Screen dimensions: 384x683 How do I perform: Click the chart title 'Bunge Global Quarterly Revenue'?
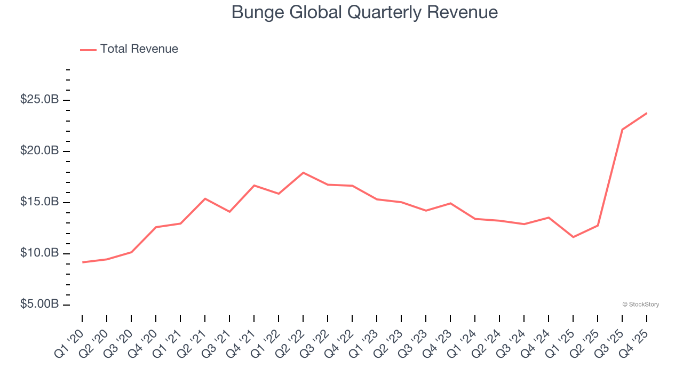[x=364, y=12]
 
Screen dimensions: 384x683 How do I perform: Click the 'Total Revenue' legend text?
[x=139, y=49]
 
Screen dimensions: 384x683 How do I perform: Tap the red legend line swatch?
[x=88, y=50]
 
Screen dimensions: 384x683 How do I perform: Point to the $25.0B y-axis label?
[x=39, y=100]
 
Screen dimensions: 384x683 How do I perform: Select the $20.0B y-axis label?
[x=39, y=151]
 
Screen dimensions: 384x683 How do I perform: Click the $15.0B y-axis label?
[x=39, y=202]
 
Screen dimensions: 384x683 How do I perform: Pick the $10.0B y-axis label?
[x=39, y=253]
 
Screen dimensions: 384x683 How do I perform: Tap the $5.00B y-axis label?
[x=39, y=304]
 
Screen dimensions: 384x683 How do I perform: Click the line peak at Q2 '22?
[x=303, y=173]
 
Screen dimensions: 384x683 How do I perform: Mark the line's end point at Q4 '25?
[x=647, y=113]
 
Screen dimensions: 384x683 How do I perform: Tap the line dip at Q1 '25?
[x=573, y=237]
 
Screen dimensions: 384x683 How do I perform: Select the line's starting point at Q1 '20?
[x=82, y=262]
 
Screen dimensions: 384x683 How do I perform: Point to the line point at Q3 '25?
[x=622, y=130]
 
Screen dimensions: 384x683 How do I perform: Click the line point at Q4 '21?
[x=254, y=186]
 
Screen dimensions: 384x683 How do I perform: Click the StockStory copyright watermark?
[x=640, y=305]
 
